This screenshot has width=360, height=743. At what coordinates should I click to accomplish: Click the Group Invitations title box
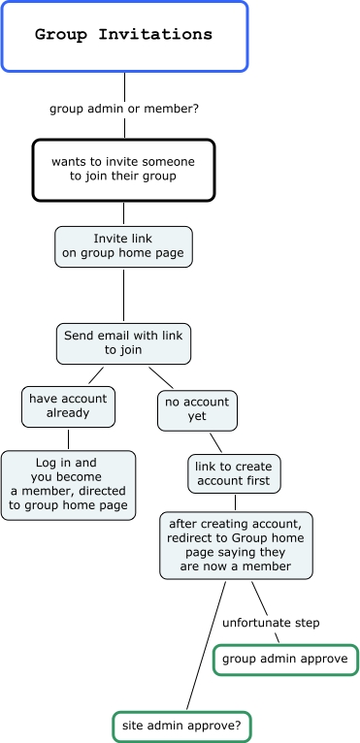(124, 37)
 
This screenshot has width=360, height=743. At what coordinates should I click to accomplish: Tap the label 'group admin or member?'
(124, 109)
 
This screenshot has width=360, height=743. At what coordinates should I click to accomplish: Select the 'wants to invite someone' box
(124, 170)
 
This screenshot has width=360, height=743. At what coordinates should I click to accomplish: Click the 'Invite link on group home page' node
(123, 246)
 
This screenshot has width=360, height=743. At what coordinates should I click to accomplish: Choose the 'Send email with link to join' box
(123, 343)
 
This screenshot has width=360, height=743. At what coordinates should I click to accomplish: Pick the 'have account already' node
(68, 406)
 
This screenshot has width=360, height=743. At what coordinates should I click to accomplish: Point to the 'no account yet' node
(197, 410)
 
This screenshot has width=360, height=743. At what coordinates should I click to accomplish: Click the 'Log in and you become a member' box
(68, 485)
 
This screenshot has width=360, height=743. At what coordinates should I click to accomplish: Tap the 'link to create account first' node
(234, 474)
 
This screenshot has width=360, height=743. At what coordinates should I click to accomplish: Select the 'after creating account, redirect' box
(236, 545)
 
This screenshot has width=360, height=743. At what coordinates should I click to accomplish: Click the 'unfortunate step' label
(271, 623)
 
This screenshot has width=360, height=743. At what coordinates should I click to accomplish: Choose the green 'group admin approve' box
(285, 660)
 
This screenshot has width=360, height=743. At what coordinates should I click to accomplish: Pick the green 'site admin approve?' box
(181, 727)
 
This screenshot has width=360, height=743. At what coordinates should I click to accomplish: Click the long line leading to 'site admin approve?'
(206, 646)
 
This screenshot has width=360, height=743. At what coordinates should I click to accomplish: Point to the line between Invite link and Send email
(124, 295)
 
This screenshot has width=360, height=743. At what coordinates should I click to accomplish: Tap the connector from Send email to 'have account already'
(96, 375)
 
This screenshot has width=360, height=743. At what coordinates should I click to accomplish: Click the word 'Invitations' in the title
(155, 35)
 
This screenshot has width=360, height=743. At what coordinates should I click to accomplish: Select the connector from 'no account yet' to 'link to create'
(215, 442)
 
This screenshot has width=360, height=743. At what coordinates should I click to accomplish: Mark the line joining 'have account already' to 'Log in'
(68, 438)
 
